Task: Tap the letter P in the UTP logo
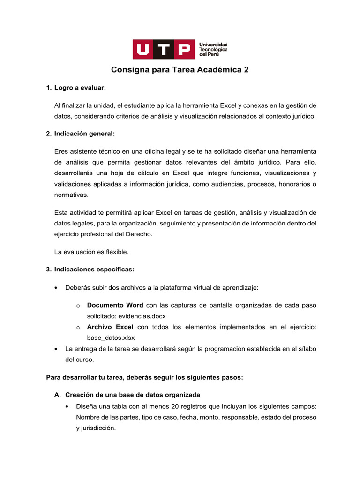[184, 49]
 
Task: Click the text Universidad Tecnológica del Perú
[213, 49]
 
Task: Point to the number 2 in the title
[246, 70]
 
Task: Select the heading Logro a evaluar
[80, 88]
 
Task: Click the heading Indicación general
[84, 134]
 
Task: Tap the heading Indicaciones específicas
[94, 270]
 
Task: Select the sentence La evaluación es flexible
[91, 252]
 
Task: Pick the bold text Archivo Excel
[110, 327]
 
